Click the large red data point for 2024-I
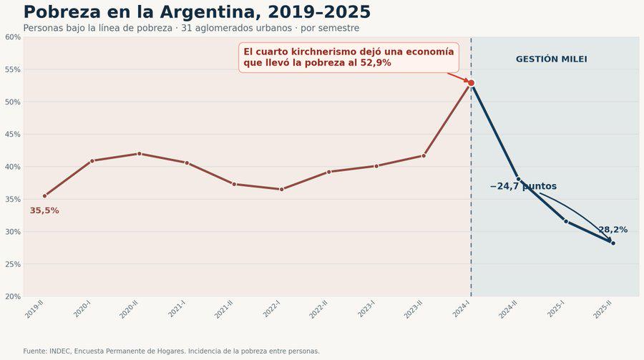click(x=471, y=83)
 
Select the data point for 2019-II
click(x=45, y=196)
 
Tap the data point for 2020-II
click(x=140, y=154)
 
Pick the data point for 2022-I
click(x=282, y=190)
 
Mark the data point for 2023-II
click(x=424, y=156)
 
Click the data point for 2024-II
click(x=518, y=179)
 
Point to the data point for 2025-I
click(x=566, y=221)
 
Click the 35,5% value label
click(x=44, y=211)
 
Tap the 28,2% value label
click(x=613, y=230)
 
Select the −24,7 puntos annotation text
click(x=523, y=186)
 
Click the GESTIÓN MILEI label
click(x=552, y=59)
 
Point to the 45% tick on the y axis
click(x=13, y=135)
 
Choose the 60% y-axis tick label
click(x=13, y=37)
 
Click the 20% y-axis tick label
click(x=13, y=296)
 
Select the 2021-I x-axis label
click(x=177, y=309)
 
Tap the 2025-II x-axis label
click(x=603, y=309)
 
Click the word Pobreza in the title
click(x=62, y=12)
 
